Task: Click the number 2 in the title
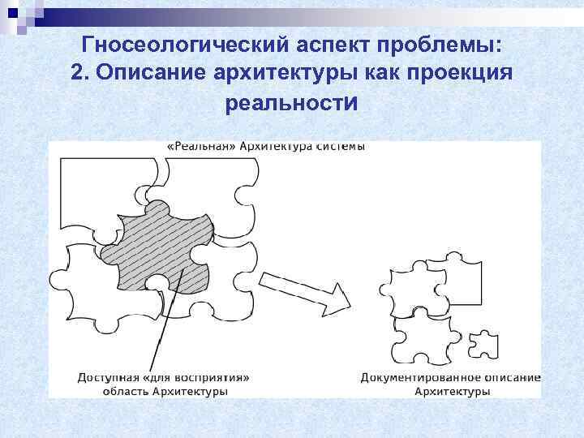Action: pos(78,74)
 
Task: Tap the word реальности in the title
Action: pos(291,104)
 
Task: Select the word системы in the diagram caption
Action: pos(340,146)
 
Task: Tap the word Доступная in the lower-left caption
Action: pos(107,377)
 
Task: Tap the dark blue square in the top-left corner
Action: pos(11,11)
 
